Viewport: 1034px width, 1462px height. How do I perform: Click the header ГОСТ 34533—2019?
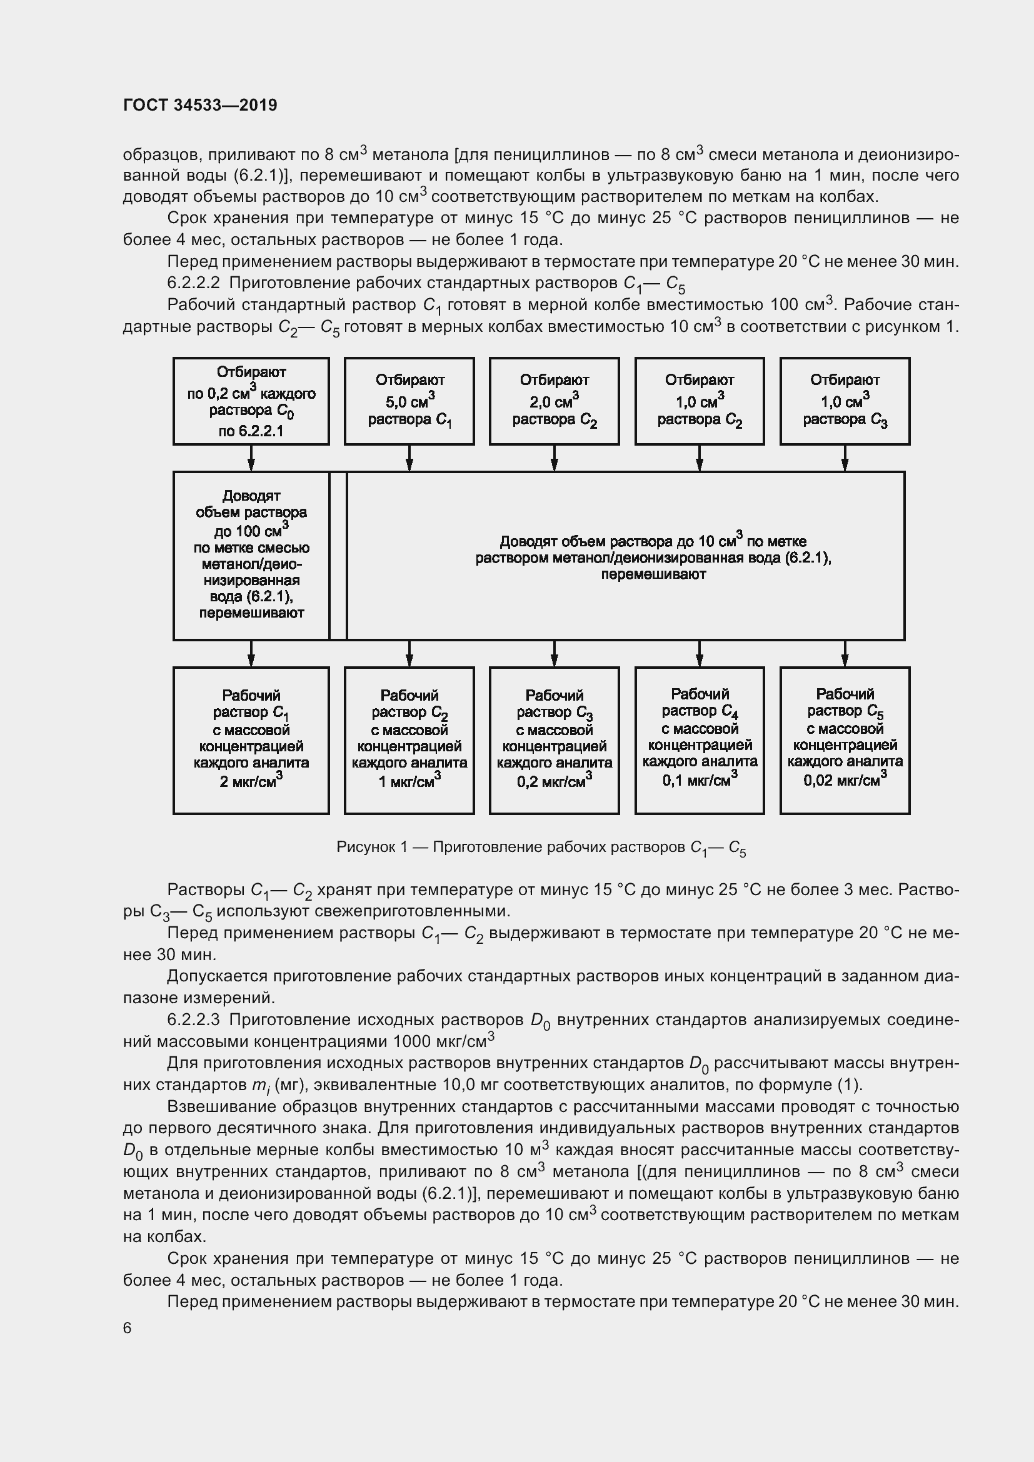[x=200, y=105]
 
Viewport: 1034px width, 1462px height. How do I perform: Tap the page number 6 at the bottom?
[x=128, y=1328]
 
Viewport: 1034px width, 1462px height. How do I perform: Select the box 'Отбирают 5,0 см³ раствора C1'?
[x=409, y=401]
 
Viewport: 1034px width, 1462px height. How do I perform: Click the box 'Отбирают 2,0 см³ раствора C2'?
[x=554, y=401]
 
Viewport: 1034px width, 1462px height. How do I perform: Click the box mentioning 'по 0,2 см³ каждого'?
[x=251, y=401]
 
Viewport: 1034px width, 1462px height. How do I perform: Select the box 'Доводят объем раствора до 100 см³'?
[x=251, y=554]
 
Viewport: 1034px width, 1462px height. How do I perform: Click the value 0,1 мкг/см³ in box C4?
[x=699, y=780]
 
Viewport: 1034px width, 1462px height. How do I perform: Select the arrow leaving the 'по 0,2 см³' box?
[x=251, y=458]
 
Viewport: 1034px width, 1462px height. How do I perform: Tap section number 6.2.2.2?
[x=194, y=283]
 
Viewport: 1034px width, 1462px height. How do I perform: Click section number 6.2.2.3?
[x=194, y=1019]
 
